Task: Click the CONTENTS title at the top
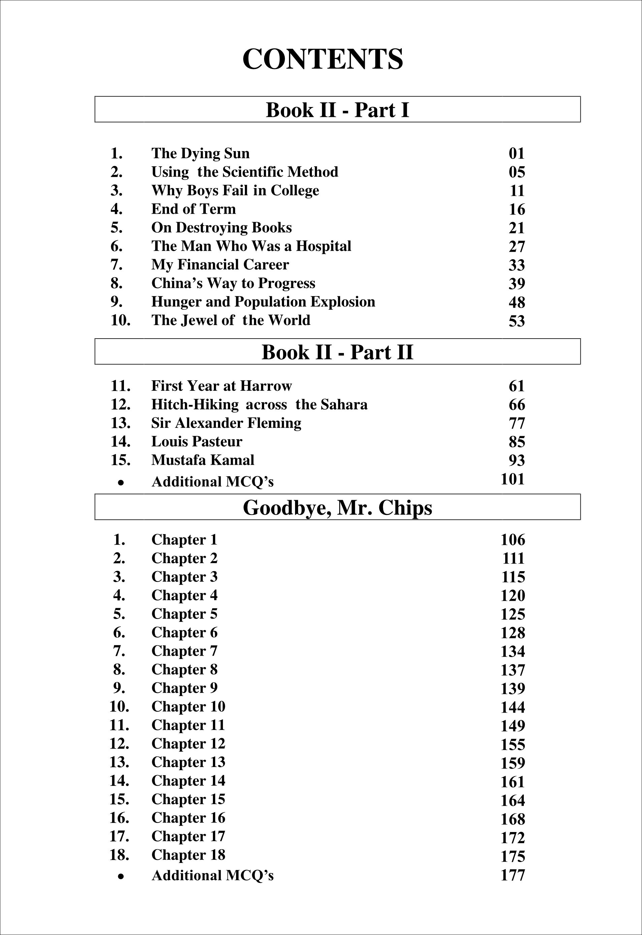pyautogui.click(x=322, y=59)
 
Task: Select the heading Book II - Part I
pyautogui.click(x=337, y=109)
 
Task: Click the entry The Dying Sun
pyautogui.click(x=200, y=153)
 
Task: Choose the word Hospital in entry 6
pyautogui.click(x=324, y=246)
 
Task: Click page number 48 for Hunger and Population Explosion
pyautogui.click(x=517, y=302)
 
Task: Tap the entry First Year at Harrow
pyautogui.click(x=221, y=386)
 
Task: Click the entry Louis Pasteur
pyautogui.click(x=196, y=442)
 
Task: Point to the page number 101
pyautogui.click(x=512, y=479)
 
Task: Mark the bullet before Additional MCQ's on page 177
pyautogui.click(x=120, y=876)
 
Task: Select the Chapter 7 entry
pyautogui.click(x=184, y=651)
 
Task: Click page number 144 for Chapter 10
pyautogui.click(x=512, y=707)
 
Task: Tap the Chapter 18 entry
pyautogui.click(x=188, y=855)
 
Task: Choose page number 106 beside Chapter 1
pyautogui.click(x=512, y=540)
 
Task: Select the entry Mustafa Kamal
pyautogui.click(x=202, y=460)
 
